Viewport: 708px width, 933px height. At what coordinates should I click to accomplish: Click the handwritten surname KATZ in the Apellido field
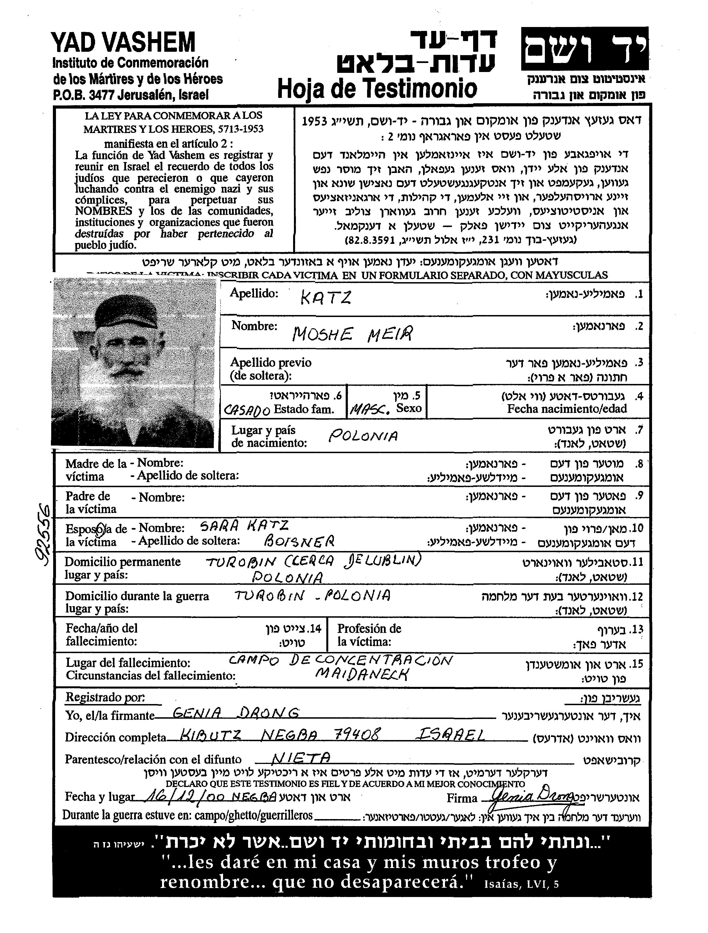(325, 298)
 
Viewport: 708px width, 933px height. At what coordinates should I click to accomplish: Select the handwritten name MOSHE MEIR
(352, 334)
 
